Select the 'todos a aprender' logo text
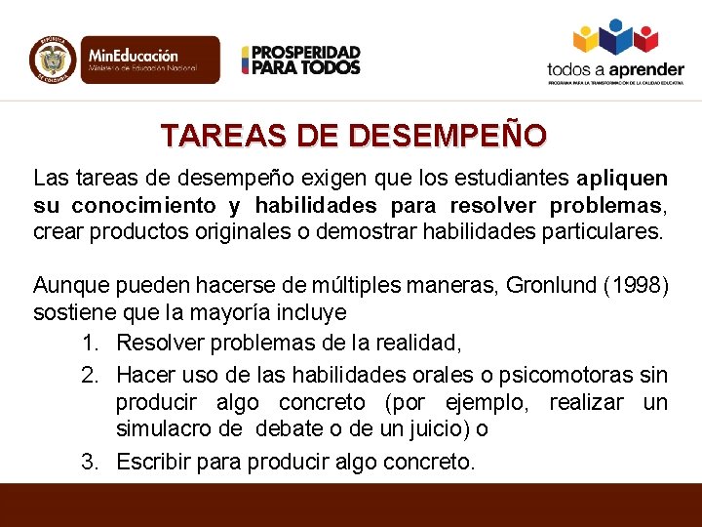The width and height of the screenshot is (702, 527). click(x=615, y=69)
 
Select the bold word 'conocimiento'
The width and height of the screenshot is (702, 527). click(x=143, y=206)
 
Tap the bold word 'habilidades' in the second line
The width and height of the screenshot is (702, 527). click(x=317, y=206)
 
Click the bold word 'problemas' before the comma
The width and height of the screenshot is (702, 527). click(x=605, y=206)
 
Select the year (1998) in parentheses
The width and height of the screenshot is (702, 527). click(x=635, y=286)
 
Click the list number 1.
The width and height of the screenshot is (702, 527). click(x=91, y=343)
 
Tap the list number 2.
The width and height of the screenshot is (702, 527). click(x=91, y=374)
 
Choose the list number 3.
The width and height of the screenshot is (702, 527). click(x=91, y=461)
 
